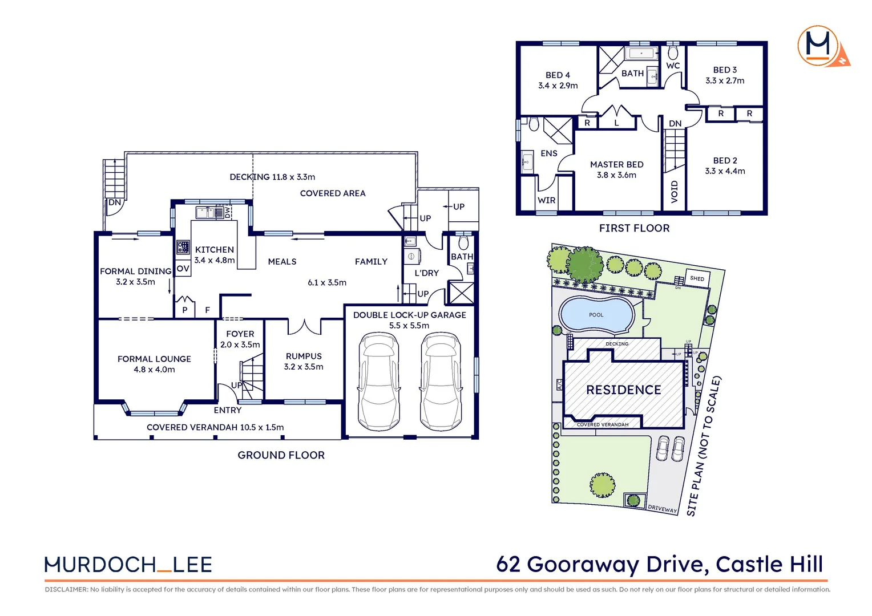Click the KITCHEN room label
pyautogui.click(x=214, y=250)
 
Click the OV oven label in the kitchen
pyautogui.click(x=183, y=269)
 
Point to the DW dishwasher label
pyautogui.click(x=228, y=212)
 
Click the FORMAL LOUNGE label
pyautogui.click(x=154, y=359)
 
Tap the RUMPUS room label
pyautogui.click(x=304, y=356)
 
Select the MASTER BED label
pyautogui.click(x=616, y=164)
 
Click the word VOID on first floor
pyautogui.click(x=675, y=192)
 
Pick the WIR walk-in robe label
pyautogui.click(x=546, y=200)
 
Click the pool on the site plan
pyautogui.click(x=596, y=315)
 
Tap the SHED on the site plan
pyautogui.click(x=697, y=278)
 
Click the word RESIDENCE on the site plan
pyautogui.click(x=623, y=390)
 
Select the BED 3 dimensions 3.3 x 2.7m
pyautogui.click(x=725, y=81)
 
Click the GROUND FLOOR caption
pyautogui.click(x=281, y=455)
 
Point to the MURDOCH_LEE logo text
pyautogui.click(x=128, y=565)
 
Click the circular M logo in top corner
pyautogui.click(x=818, y=46)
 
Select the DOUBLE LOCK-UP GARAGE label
pyautogui.click(x=409, y=315)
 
